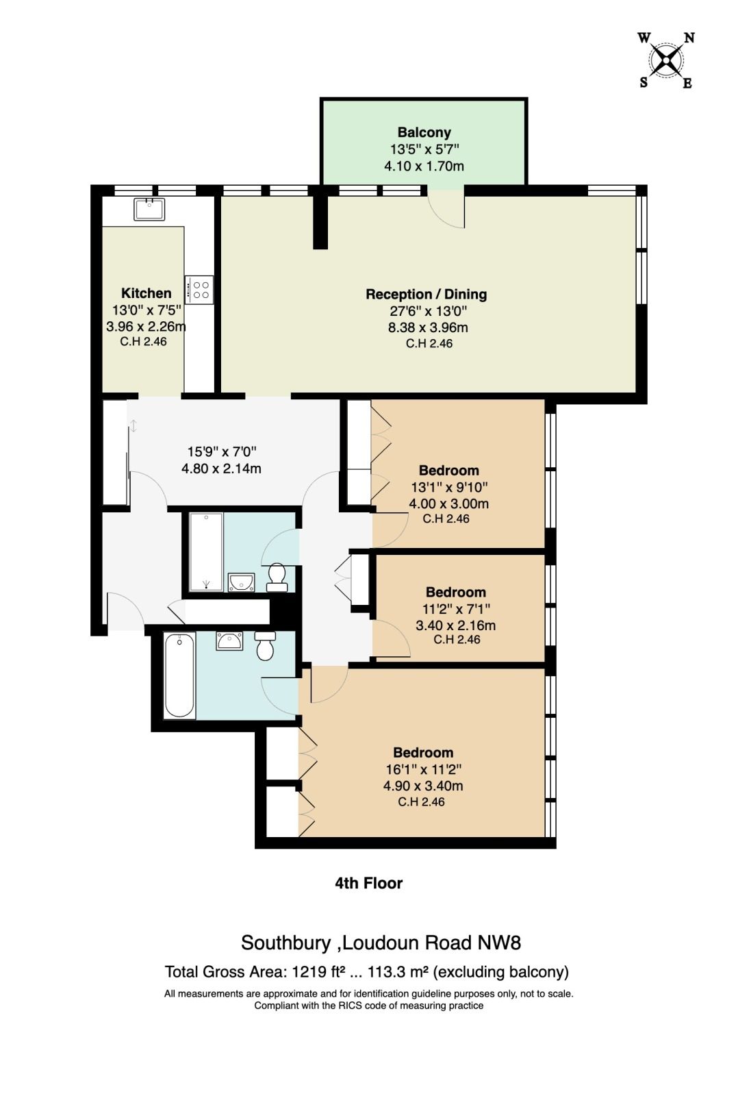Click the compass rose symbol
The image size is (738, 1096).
click(x=666, y=60)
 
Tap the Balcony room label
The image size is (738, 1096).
click(x=424, y=133)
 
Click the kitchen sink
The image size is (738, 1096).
click(x=149, y=210)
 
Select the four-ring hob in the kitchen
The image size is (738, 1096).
click(x=199, y=289)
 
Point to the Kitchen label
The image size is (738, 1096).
click(x=147, y=293)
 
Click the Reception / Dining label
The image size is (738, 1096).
click(x=427, y=294)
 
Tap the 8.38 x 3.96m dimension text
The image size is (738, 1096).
click(x=428, y=327)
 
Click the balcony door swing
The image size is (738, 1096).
click(x=446, y=210)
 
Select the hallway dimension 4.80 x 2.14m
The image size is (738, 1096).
click(x=221, y=469)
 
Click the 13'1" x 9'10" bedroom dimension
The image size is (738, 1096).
click(x=450, y=487)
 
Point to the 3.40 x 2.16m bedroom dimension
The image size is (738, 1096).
click(x=455, y=625)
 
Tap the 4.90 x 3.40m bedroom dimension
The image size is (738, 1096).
click(x=423, y=786)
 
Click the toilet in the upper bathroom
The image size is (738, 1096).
click(x=277, y=577)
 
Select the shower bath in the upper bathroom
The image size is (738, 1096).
click(x=206, y=552)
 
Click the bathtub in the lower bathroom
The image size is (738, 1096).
click(x=180, y=675)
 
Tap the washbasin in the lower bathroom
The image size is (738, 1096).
click(x=229, y=641)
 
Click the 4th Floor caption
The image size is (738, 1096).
click(x=369, y=883)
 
